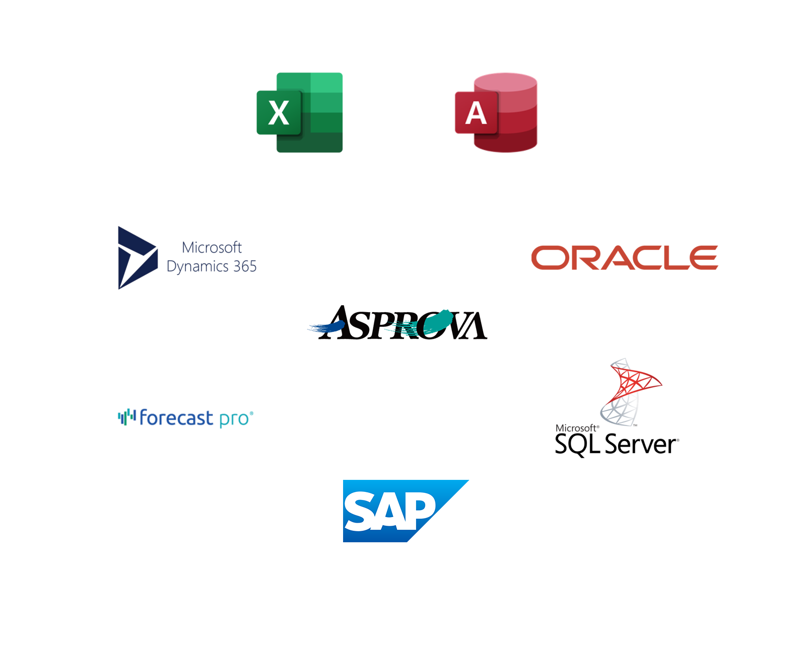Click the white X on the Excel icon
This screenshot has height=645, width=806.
point(279,113)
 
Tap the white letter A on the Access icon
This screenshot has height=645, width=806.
point(476,113)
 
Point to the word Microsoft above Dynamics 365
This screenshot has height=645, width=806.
point(212,247)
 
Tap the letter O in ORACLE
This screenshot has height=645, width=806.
point(549,258)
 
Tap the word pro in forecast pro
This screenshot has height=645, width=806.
point(234,419)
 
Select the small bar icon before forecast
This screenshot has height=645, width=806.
point(126,416)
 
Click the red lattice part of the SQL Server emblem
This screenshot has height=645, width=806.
point(636,380)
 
